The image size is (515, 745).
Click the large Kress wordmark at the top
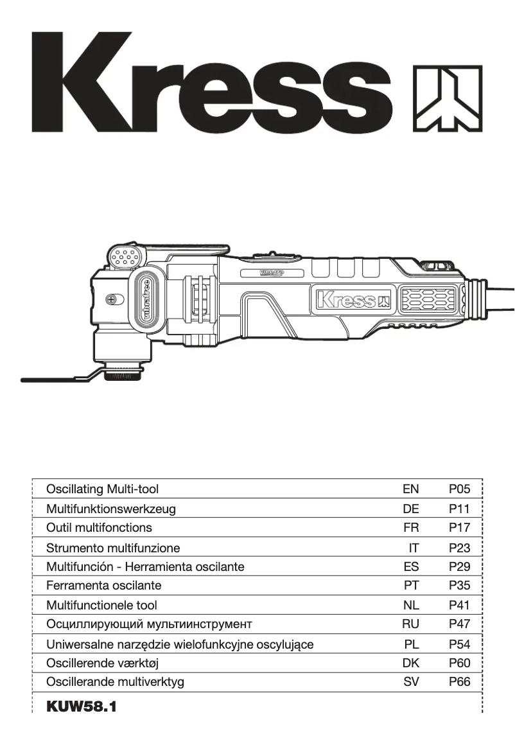212,82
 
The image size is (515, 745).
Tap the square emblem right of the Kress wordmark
446,98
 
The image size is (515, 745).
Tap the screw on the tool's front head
113,299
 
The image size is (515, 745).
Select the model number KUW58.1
82,707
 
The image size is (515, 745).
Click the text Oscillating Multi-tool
102,489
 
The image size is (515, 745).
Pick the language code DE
410,509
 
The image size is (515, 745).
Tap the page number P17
459,528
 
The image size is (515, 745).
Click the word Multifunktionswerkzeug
110,509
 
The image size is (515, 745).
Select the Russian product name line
149,624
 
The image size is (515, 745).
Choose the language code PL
411,644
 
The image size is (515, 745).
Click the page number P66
459,682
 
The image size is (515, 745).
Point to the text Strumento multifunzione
113,548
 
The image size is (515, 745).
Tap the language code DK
410,663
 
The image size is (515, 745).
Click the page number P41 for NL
459,605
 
